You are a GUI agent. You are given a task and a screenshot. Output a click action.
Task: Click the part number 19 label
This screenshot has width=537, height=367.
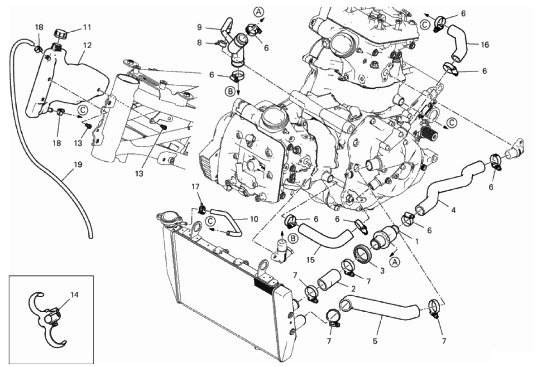point(77,164)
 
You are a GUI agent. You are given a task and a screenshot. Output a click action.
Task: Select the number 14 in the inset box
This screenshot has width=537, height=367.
point(75,295)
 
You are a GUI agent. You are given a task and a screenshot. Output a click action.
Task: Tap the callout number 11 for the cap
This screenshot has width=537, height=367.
point(86,27)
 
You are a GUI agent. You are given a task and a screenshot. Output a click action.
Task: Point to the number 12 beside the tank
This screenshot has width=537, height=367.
point(87,45)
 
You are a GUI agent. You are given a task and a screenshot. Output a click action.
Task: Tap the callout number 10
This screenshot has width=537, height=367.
point(254,219)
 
